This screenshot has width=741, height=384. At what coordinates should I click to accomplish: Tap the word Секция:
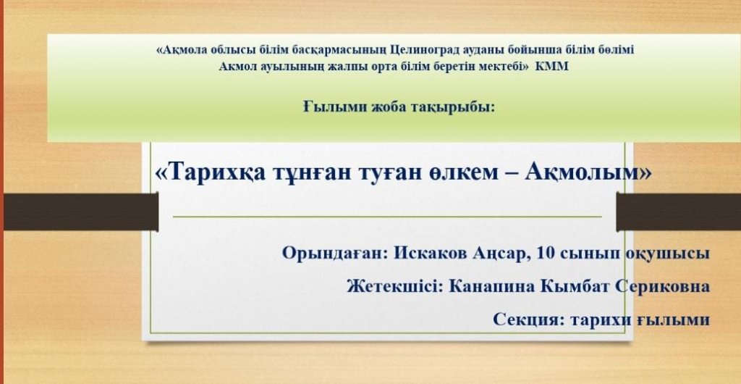pos(529,320)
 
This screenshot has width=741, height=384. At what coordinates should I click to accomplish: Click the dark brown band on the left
pos(80,212)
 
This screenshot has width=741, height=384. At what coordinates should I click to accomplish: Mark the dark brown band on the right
pos(679,212)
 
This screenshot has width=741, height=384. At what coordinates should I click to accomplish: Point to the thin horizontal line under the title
pos(387,217)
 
